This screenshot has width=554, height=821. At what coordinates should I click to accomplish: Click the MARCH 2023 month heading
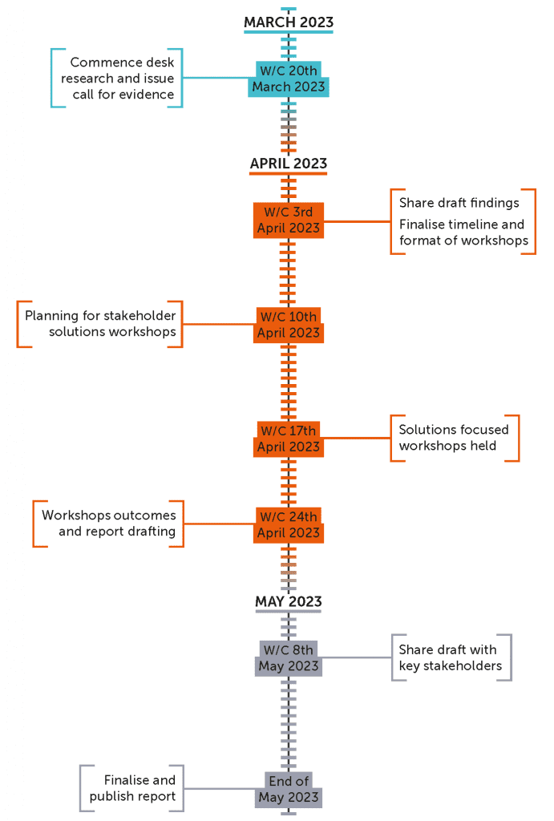point(289,22)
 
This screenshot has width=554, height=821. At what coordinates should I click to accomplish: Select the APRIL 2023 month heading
point(289,164)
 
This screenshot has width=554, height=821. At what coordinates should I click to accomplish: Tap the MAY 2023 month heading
point(289,601)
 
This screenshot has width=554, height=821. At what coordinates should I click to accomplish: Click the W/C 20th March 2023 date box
point(289,79)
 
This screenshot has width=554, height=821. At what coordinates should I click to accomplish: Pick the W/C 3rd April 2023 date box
point(289,220)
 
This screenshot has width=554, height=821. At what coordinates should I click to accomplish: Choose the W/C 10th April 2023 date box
point(289,326)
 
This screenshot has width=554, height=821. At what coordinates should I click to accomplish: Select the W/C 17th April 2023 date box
point(289,439)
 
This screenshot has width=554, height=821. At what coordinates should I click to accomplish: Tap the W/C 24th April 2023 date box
point(289,525)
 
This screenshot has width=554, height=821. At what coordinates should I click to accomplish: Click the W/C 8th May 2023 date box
point(289,658)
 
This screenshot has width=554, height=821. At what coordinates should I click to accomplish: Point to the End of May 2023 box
point(289,790)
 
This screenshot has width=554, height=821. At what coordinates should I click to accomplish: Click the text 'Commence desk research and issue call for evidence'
point(117,79)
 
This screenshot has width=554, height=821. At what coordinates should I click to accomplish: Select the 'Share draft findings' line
point(459,203)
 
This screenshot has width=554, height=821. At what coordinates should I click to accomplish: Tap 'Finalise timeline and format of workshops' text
point(464,233)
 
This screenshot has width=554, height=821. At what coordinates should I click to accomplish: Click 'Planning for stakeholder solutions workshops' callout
point(100,324)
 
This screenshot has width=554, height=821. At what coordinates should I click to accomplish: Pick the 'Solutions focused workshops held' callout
point(455,438)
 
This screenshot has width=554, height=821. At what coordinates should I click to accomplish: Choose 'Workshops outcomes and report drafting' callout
point(108,524)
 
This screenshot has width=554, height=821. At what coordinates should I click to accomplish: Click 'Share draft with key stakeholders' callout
point(451,657)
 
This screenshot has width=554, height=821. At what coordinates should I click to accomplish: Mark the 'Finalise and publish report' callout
point(132,788)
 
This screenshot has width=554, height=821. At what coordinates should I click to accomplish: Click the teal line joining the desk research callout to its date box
point(215,78)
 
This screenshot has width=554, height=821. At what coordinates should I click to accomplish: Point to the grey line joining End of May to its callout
point(220,789)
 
